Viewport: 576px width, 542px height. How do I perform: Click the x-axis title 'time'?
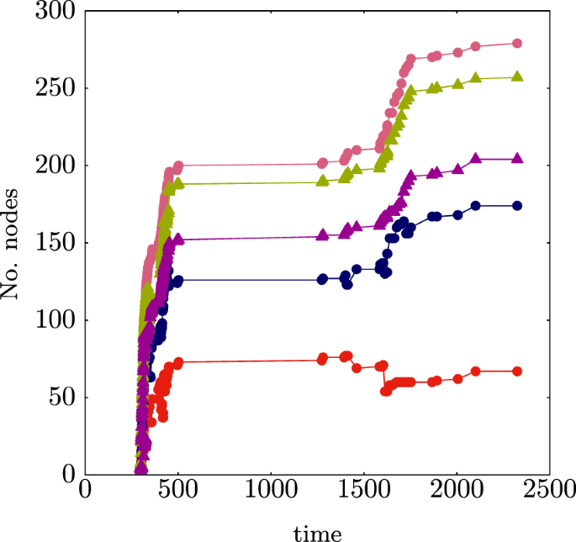[x=317, y=533]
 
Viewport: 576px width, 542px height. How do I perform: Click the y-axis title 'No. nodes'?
[x=13, y=243]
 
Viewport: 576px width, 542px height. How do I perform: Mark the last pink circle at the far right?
[x=517, y=44]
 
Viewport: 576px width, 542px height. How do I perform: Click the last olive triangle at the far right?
[x=517, y=76]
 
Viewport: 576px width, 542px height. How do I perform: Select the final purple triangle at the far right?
[x=517, y=158]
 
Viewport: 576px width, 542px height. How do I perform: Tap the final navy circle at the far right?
[x=517, y=206]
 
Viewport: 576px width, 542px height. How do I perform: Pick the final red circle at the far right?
[x=517, y=371]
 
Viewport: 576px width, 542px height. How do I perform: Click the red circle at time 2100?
[x=476, y=371]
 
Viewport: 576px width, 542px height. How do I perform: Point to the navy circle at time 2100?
[x=476, y=206]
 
